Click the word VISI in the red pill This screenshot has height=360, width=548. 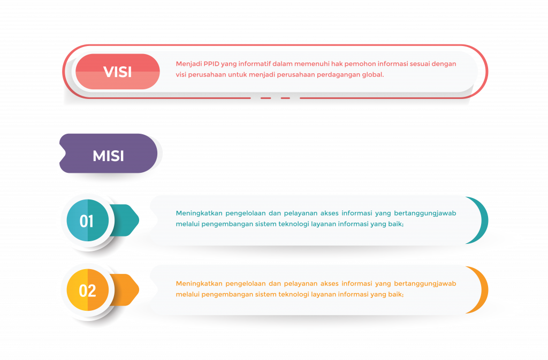pyautogui.click(x=117, y=72)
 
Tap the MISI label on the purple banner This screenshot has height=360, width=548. pyautogui.click(x=108, y=156)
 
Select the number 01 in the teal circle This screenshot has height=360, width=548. pyautogui.click(x=87, y=221)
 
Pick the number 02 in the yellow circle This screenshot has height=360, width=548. pyautogui.click(x=87, y=290)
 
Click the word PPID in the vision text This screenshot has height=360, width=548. pyautogui.click(x=211, y=64)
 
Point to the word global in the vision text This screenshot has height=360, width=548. pyautogui.click(x=372, y=75)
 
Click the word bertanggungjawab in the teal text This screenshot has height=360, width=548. pyautogui.click(x=425, y=213)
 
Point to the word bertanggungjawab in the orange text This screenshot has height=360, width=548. pyautogui.click(x=425, y=284)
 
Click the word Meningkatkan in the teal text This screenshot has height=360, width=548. pyautogui.click(x=199, y=213)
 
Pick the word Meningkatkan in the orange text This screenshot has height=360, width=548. pyautogui.click(x=199, y=284)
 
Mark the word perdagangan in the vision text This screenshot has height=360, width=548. pyautogui.click(x=338, y=75)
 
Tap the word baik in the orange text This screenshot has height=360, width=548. pyautogui.click(x=395, y=294)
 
